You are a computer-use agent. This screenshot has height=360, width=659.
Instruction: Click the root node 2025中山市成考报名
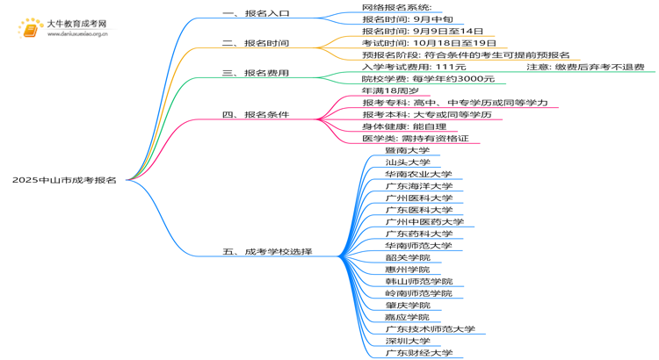pos(64,179)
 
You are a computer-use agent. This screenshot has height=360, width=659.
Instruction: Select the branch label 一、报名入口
pos(257,14)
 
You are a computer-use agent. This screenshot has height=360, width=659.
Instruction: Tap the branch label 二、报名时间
pos(257,42)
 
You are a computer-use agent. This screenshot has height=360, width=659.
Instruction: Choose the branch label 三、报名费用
pos(257,73)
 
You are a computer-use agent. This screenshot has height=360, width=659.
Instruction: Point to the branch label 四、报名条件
pos(257,115)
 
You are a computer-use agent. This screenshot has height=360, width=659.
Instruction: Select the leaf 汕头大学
pos(408,162)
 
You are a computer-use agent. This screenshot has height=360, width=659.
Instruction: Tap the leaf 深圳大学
pos(408,341)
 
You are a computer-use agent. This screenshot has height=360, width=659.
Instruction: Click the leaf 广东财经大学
pos(419,353)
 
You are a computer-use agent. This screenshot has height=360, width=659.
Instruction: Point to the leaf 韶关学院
pos(408,257)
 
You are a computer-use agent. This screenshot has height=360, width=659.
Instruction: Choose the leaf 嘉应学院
pos(408,317)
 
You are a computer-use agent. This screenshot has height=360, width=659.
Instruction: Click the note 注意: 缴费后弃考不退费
pos(585,67)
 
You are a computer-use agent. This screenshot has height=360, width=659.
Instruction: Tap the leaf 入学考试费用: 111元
pos(414,67)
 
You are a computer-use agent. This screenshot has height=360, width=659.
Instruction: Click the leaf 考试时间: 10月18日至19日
pos(429,42)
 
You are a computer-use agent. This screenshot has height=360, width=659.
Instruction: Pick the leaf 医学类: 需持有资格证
pos(416,139)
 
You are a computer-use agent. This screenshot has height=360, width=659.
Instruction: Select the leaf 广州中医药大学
pos(424,222)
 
